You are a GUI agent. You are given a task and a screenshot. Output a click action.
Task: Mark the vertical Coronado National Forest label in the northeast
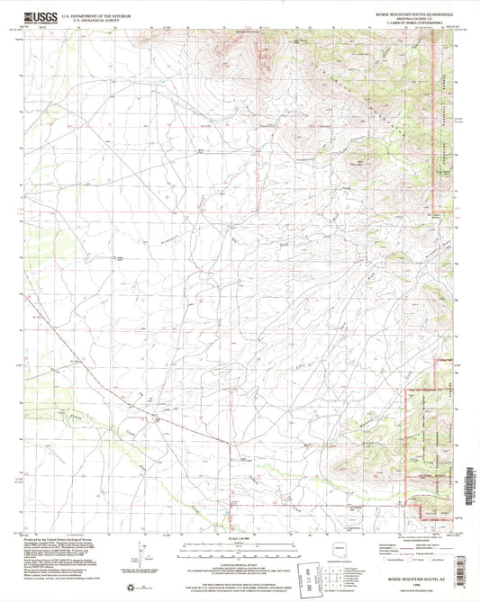[444, 99]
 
